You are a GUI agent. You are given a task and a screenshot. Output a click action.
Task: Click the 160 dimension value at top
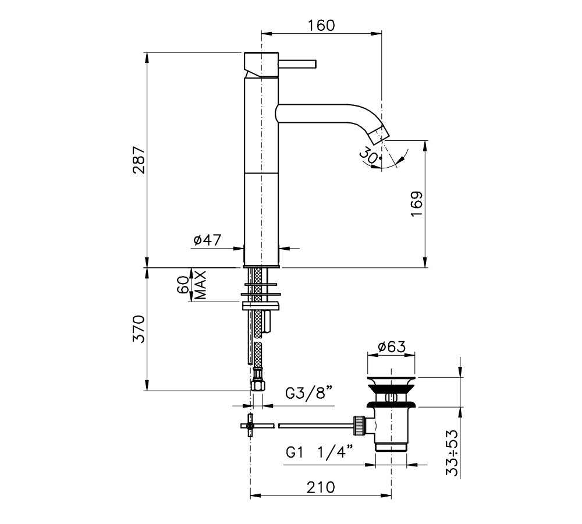pyautogui.click(x=321, y=25)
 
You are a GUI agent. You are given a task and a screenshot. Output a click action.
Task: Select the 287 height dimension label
pyautogui.click(x=138, y=160)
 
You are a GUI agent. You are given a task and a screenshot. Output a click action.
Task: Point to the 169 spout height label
pyautogui.click(x=417, y=204)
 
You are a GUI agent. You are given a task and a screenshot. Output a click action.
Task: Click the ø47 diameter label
pyautogui.click(x=207, y=240)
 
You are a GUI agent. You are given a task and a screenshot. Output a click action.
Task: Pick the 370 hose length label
pyautogui.click(x=138, y=329)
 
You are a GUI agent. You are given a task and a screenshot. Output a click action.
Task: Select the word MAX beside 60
pyautogui.click(x=200, y=285)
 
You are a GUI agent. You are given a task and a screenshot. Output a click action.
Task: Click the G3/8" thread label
pyautogui.click(x=308, y=393)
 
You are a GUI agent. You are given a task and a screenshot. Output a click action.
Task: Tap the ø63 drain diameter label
pyautogui.click(x=392, y=347)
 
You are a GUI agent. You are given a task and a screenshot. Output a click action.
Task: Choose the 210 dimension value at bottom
pyautogui.click(x=321, y=487)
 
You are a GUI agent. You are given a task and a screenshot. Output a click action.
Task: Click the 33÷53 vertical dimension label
pyautogui.click(x=452, y=453)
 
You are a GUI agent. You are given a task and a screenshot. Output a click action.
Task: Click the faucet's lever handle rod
pyautogui.click(x=297, y=63)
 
